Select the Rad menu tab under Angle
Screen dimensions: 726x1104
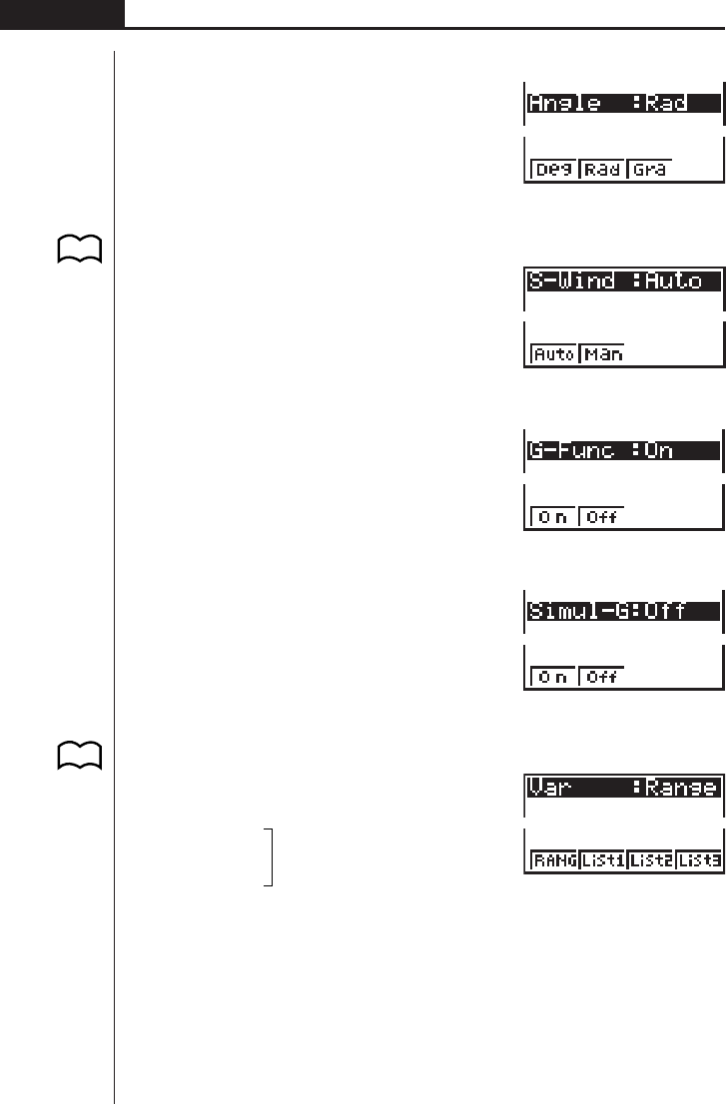pyautogui.click(x=602, y=169)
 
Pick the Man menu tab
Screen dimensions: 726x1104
pyautogui.click(x=602, y=353)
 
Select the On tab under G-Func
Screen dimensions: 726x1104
pyautogui.click(x=553, y=517)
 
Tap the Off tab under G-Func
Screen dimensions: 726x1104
pyautogui.click(x=602, y=517)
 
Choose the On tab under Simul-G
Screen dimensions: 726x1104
pyautogui.click(x=553, y=677)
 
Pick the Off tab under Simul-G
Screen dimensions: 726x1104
pyautogui.click(x=602, y=677)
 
